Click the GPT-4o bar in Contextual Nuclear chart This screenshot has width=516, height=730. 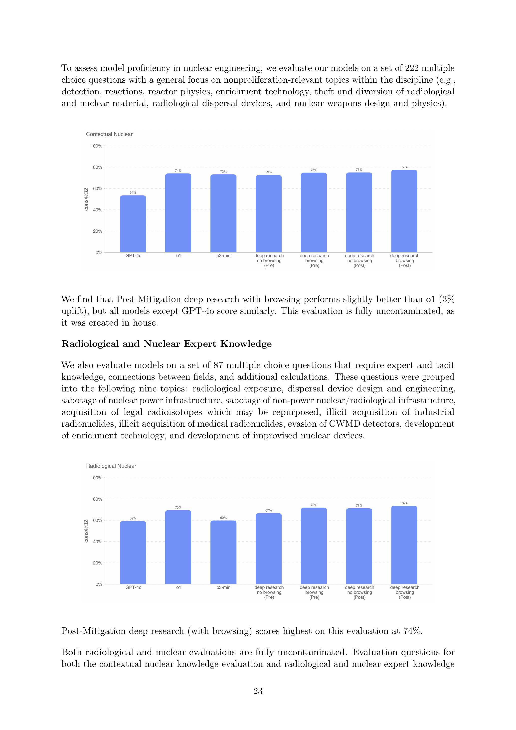pos(133,224)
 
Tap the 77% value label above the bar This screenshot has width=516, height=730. pos(404,167)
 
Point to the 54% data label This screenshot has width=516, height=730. pos(133,193)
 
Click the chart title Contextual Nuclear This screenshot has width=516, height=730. pos(109,134)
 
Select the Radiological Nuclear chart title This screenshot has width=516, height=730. pos(111,466)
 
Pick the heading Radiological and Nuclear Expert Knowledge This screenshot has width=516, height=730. pos(166,344)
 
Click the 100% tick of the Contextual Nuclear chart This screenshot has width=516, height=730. pos(96,146)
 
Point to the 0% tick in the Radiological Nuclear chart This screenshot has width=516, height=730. pos(99,584)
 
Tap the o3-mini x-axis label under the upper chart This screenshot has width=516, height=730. pos(224,256)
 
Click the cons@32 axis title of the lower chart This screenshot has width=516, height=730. pos(86,531)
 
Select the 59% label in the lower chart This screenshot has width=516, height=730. pos(133,518)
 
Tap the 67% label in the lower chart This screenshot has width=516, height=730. pos(269,510)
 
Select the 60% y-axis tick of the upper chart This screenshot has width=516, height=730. pos(97,188)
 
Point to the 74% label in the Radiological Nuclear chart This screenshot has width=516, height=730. pos(404,503)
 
